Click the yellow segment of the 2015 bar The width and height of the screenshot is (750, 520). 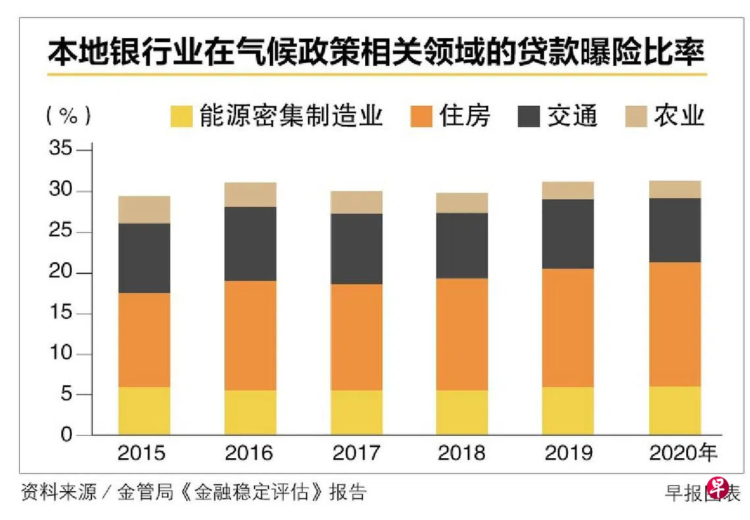[x=144, y=411]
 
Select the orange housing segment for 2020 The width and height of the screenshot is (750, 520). [x=675, y=324]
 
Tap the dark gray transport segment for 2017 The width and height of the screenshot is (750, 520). [x=357, y=248]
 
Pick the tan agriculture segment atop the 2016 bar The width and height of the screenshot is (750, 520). [x=251, y=195]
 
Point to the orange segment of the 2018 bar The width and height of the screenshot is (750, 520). [x=463, y=334]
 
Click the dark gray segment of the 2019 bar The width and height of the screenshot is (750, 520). [x=568, y=233]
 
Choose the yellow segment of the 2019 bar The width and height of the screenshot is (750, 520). [x=568, y=411]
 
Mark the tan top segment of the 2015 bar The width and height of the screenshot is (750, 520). [x=144, y=209]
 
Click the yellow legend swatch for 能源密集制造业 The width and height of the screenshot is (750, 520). [x=181, y=116]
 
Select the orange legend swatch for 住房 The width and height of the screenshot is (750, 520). [x=421, y=116]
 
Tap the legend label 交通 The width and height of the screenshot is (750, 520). [x=572, y=116]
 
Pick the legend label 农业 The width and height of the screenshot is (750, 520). [x=679, y=116]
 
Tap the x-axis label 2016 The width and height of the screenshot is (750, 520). [x=249, y=453]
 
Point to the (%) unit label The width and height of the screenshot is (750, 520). [x=68, y=116]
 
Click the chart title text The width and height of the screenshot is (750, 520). [x=376, y=52]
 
